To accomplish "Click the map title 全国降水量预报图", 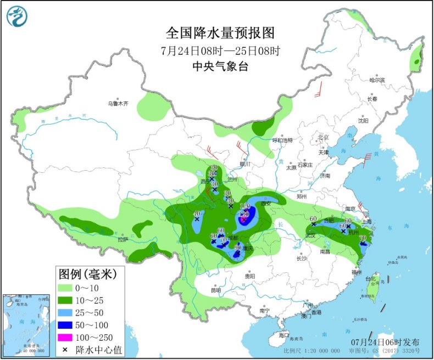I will coord(220,33).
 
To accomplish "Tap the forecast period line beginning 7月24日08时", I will coord(220,51).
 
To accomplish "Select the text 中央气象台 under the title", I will coord(220,66).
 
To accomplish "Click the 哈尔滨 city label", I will coord(377,80).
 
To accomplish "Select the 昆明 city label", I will coord(215,290).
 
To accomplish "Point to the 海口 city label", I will coord(283,334).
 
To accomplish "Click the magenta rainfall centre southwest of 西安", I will coord(243,220).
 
